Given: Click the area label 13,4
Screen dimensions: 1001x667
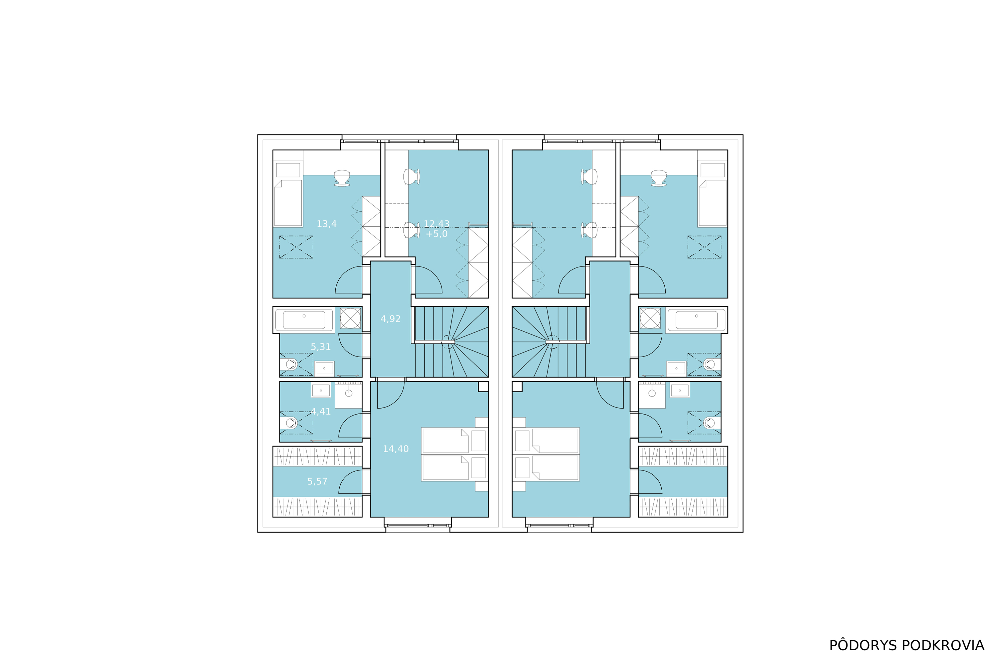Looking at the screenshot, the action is click(x=326, y=224).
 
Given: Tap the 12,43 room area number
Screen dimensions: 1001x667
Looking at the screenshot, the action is click(x=437, y=224).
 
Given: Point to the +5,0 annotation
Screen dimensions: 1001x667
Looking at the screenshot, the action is click(x=437, y=234).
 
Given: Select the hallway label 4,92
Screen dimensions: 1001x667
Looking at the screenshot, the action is click(x=391, y=318).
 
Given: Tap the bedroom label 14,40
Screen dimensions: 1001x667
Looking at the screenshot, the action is click(x=396, y=449).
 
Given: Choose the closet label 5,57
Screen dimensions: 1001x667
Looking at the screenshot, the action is click(x=318, y=481).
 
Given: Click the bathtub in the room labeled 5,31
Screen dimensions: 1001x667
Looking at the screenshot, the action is click(x=304, y=320).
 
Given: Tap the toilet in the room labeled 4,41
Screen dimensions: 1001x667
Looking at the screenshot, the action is click(x=291, y=423).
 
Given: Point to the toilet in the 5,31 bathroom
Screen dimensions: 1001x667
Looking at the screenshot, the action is click(x=291, y=364).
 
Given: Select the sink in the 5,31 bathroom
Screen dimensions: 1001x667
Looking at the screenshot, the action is click(x=324, y=369).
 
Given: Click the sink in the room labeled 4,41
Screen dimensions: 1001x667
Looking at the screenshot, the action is click(x=321, y=391).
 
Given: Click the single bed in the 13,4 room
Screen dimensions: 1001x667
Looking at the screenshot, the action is click(x=288, y=203).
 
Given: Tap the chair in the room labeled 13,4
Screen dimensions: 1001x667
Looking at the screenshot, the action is click(x=342, y=178).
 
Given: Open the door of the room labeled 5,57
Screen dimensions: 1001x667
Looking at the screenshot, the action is click(x=350, y=482).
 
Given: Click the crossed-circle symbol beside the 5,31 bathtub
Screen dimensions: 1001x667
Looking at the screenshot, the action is click(x=350, y=318).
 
